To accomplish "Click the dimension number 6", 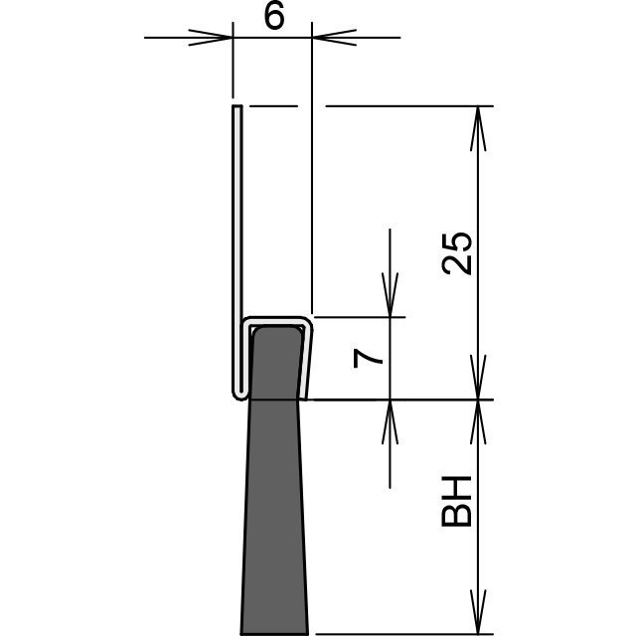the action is [274, 18].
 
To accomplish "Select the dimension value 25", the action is [457, 253].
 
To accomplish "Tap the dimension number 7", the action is [368, 359].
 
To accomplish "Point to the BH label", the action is [456, 501].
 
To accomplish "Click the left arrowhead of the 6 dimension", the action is [211, 38].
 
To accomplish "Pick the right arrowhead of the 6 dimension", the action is [334, 38].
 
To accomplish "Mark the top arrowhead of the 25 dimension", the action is [478, 128].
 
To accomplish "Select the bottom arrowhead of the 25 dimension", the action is [478, 378].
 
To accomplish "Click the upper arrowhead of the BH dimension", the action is [478, 422].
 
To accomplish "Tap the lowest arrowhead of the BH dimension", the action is [478, 612].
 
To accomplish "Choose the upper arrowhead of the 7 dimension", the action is [390, 295].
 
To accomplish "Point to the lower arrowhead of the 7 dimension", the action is [390, 422].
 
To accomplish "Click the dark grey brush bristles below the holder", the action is [274, 515].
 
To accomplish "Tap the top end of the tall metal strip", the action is [238, 106].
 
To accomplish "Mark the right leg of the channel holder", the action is [307, 359].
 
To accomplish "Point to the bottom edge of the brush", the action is [274, 634].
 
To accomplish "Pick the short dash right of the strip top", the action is [273, 106].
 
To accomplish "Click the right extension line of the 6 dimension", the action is [312, 168].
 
